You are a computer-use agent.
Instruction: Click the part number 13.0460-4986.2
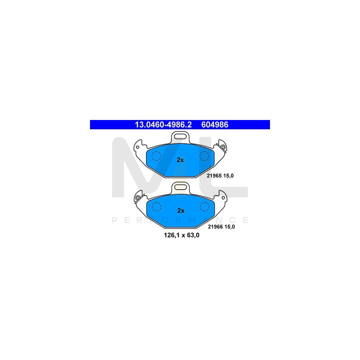(x=163, y=125)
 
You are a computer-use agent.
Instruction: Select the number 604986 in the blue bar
(x=215, y=125)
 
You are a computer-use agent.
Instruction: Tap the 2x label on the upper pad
(x=180, y=160)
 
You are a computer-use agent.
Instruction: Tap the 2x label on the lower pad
(x=181, y=211)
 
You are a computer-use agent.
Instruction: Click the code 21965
(x=214, y=176)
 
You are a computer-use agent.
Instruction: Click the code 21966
(x=215, y=227)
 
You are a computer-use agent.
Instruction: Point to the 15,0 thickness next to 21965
(x=229, y=176)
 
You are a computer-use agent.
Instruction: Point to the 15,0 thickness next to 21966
(x=230, y=227)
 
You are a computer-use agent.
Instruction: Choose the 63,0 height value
(x=194, y=235)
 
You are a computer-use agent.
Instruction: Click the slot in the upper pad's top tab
(x=180, y=136)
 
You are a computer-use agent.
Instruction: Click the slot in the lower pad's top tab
(x=180, y=187)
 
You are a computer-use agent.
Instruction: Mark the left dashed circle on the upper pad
(x=156, y=156)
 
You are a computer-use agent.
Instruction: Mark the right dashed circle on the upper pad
(x=204, y=156)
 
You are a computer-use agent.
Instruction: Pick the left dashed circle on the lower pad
(x=156, y=207)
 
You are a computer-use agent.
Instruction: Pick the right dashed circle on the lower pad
(x=204, y=207)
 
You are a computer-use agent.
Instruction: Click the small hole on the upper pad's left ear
(x=138, y=147)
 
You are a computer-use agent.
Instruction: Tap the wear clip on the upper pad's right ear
(x=222, y=147)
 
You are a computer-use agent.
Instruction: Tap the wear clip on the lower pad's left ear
(x=138, y=198)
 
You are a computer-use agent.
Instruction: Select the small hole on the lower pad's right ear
(x=223, y=198)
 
